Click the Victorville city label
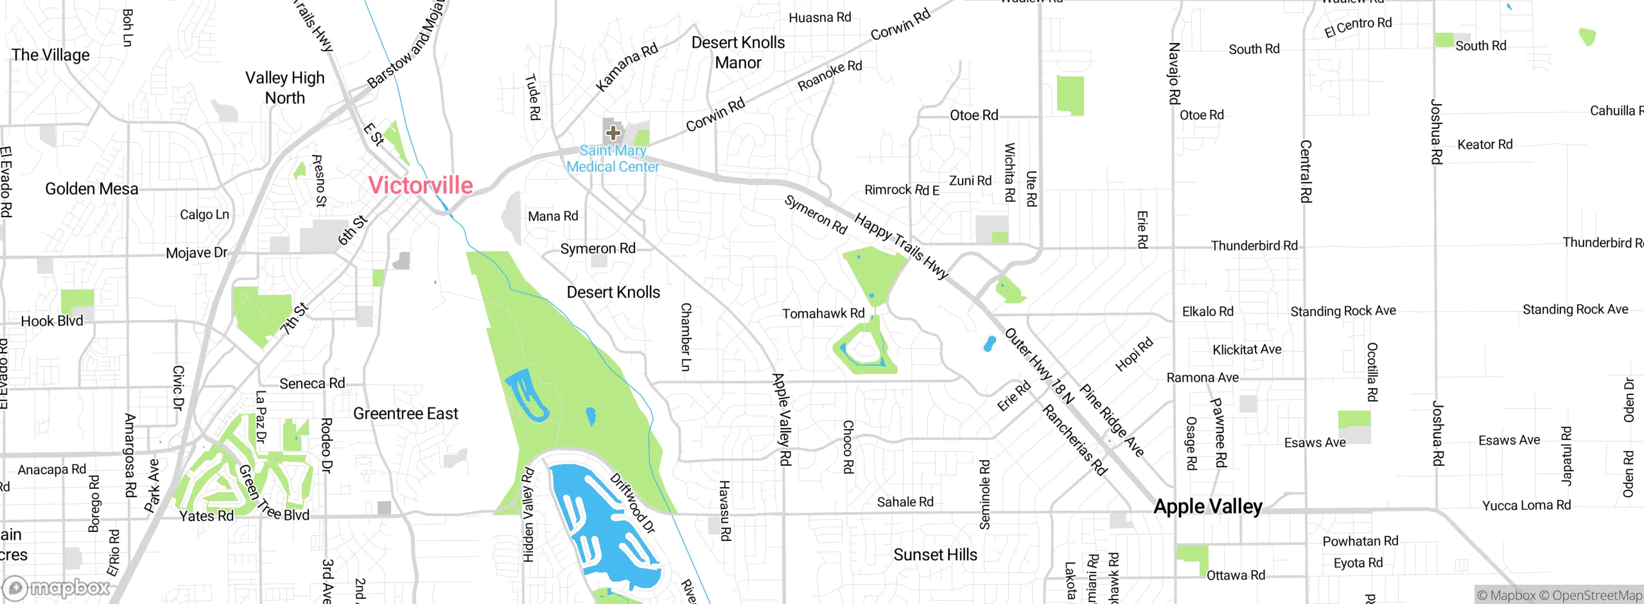pos(421,186)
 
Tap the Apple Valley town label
pos(1208,506)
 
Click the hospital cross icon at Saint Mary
pos(613,133)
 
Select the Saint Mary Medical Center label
pos(613,159)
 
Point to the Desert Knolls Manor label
pos(738,53)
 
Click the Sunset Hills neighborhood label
pos(935,555)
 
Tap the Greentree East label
pos(406,414)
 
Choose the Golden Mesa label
pos(92,189)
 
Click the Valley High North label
pos(285,88)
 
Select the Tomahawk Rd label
pos(823,314)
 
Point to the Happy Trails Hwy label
pos(901,246)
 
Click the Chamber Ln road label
pos(686,337)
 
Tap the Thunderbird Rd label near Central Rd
pos(1254,245)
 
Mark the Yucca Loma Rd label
pos(1526,506)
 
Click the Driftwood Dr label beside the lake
pos(633,503)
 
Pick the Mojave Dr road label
pos(197,253)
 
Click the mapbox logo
pos(57,587)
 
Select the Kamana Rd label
pos(627,67)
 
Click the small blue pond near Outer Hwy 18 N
pos(990,344)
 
